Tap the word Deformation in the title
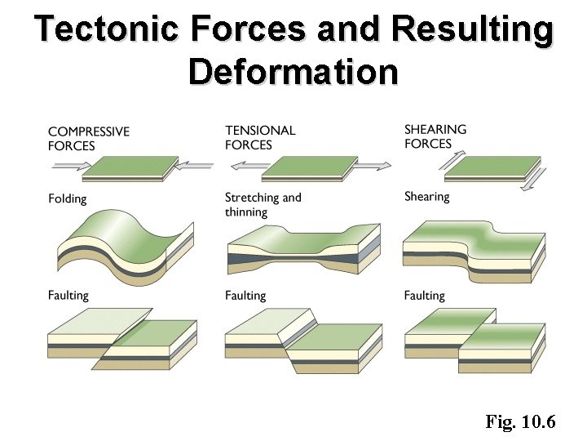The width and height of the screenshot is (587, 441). point(293,71)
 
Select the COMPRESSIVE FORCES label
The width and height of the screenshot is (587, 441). point(88,139)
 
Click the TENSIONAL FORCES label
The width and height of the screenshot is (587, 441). point(260,137)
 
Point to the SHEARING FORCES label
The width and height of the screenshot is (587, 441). point(435,136)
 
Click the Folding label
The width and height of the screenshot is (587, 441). point(67,198)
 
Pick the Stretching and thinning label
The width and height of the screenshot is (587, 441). point(263,204)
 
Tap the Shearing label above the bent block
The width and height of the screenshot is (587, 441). point(426,196)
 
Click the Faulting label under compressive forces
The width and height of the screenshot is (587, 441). point(68,295)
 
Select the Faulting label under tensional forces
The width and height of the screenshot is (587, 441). point(245,295)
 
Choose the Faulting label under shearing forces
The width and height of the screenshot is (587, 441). point(424,295)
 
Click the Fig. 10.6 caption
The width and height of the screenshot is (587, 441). point(520,421)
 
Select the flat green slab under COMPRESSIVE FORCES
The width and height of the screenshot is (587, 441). point(131,167)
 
